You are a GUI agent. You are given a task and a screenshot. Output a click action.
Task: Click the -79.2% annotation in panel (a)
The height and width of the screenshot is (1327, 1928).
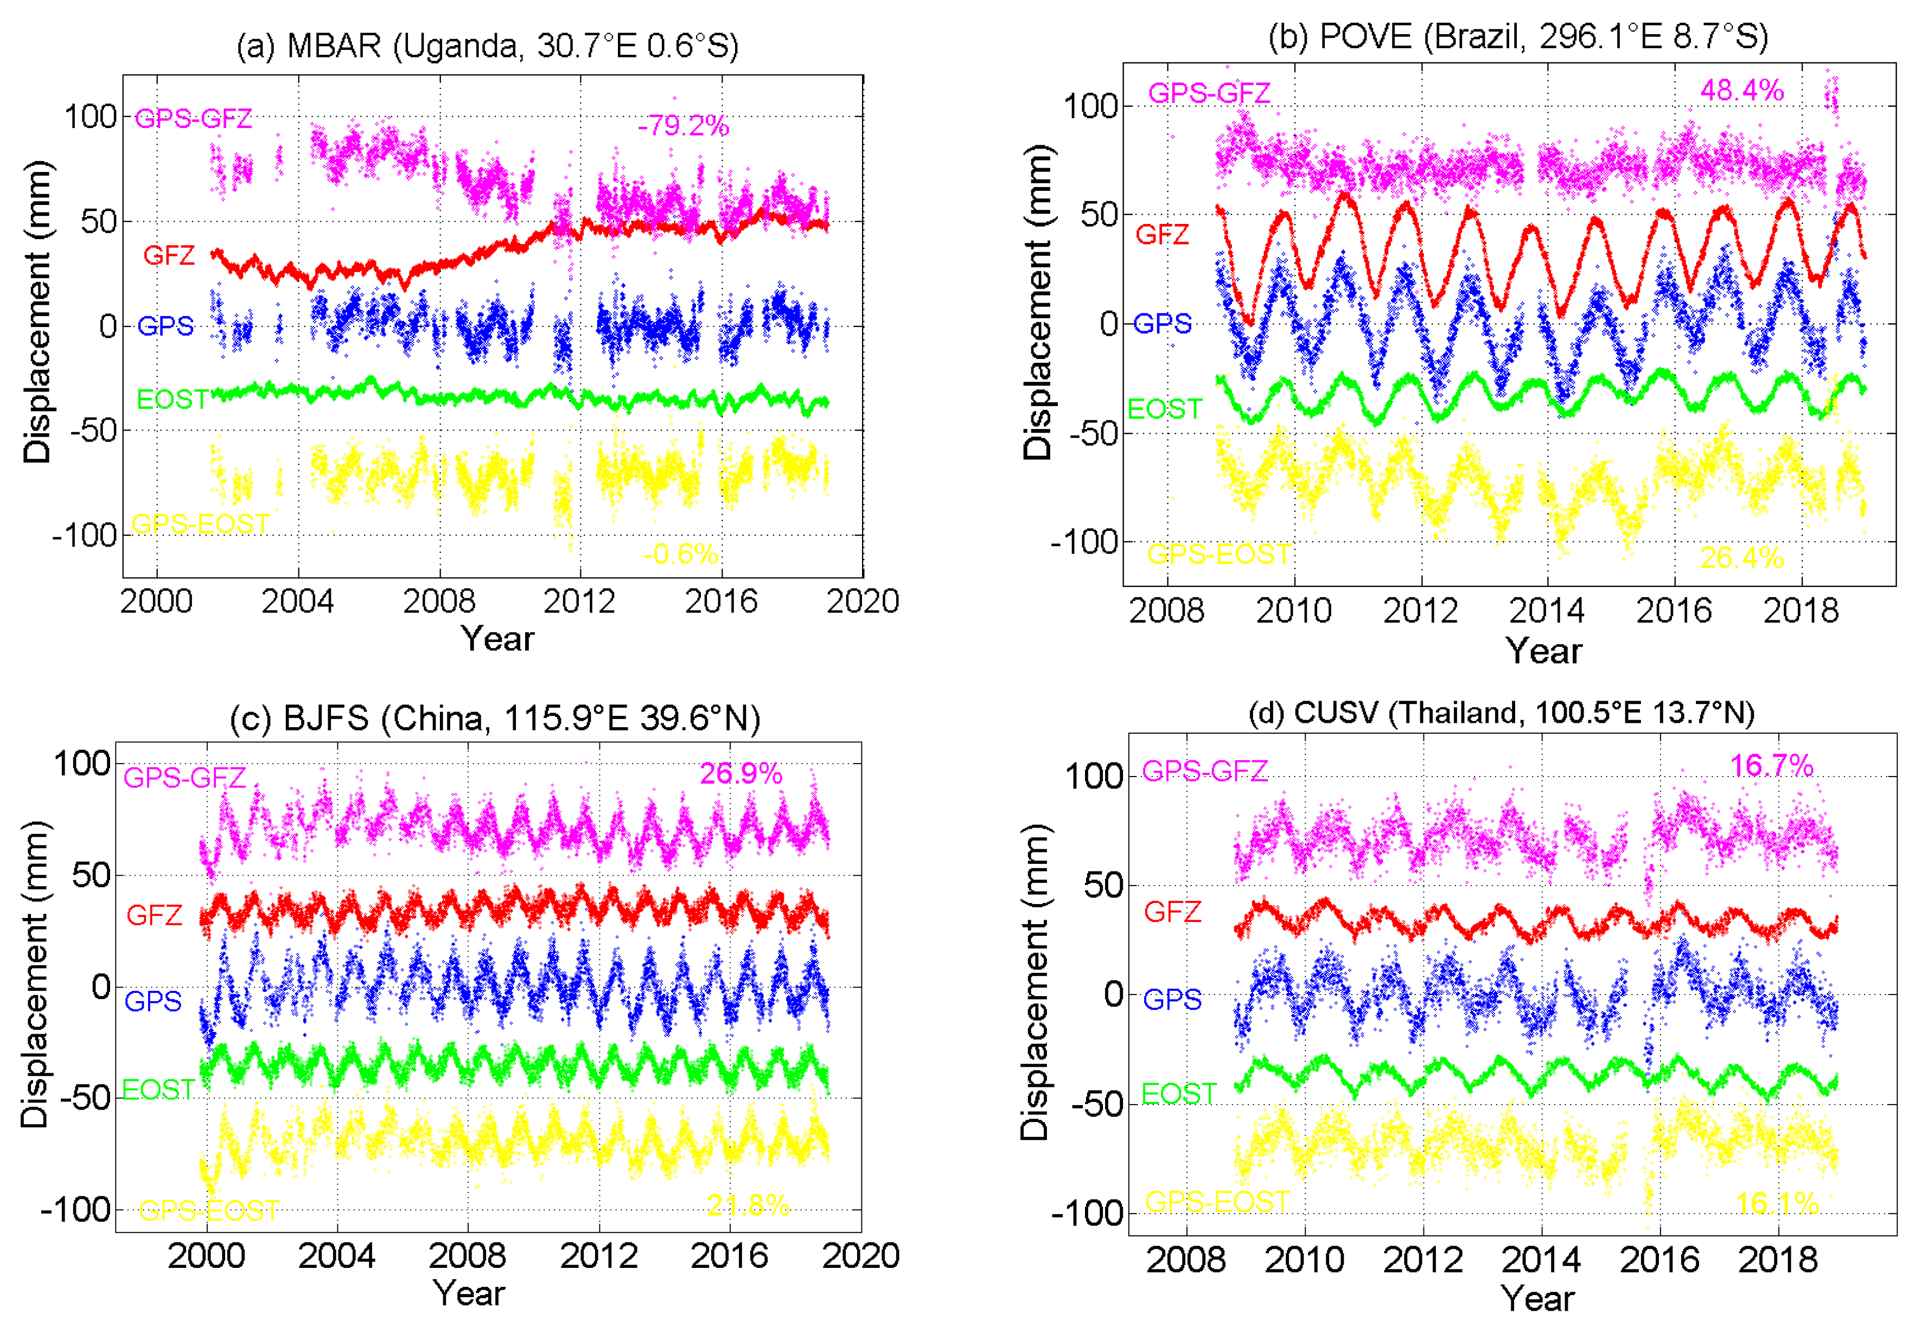coord(683,126)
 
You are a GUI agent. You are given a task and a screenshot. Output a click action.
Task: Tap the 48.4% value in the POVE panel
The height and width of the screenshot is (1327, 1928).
coord(1742,90)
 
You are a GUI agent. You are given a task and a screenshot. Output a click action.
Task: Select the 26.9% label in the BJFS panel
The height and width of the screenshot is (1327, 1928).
coord(740,773)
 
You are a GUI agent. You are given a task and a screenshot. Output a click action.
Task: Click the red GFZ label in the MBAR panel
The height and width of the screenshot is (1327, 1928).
coord(169,255)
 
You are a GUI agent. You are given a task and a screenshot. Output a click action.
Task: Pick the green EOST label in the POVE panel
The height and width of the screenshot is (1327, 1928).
coord(1165,409)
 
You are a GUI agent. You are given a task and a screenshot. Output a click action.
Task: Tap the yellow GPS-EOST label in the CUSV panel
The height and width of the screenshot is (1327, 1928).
coord(1217,1201)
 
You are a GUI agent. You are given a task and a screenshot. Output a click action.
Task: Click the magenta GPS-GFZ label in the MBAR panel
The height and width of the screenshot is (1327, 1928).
coord(193,118)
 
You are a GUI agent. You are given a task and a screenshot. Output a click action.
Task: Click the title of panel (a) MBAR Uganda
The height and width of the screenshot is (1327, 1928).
coord(487,46)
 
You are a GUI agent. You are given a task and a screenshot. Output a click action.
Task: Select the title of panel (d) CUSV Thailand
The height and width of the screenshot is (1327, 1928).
coord(1501,713)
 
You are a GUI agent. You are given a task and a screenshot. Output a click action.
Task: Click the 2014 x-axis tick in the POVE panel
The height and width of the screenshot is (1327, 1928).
coord(1546,611)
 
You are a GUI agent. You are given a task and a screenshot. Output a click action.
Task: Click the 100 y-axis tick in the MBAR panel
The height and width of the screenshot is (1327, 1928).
coord(92,117)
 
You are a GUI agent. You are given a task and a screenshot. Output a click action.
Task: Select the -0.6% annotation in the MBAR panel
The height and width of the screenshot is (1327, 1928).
coord(680,554)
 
